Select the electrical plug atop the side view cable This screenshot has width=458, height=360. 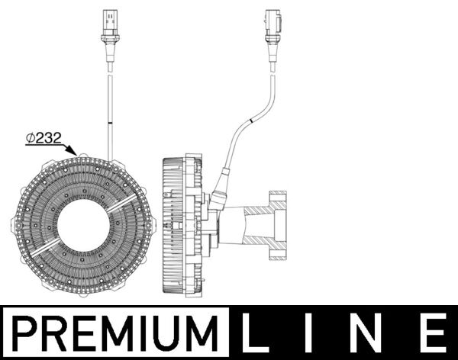[x=273, y=27]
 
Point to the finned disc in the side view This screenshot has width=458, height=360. [x=174, y=227]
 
